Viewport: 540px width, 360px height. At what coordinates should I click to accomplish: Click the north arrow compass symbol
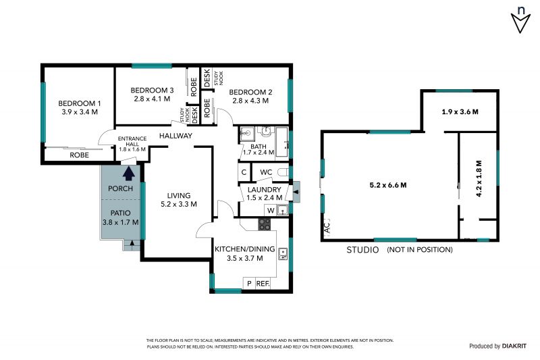click(520, 20)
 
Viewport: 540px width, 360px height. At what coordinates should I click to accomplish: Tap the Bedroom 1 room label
click(80, 103)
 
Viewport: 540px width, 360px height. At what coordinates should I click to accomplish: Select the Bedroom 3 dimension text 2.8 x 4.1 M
click(152, 99)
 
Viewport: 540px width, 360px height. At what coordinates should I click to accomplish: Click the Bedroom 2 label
click(250, 93)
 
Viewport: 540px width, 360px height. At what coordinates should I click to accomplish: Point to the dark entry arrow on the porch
click(129, 174)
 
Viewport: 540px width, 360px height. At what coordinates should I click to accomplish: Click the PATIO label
click(120, 213)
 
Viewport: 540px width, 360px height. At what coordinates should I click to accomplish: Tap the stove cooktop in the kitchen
click(265, 224)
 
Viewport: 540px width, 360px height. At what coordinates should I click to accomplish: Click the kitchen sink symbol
click(283, 254)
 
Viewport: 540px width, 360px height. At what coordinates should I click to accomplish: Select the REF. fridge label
click(263, 284)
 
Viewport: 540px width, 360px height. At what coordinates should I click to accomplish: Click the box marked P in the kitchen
click(249, 283)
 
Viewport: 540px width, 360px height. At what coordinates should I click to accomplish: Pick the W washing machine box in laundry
click(271, 210)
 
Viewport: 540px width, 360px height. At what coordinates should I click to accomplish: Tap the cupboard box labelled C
click(244, 172)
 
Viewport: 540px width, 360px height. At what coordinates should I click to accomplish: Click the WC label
click(266, 172)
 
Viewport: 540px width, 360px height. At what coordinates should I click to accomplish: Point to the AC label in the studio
click(327, 227)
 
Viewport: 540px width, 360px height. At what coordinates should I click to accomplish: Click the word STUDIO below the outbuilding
click(362, 250)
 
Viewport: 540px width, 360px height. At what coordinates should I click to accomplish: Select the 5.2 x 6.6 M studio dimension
click(387, 185)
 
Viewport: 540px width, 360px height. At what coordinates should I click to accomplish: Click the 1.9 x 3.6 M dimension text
click(460, 111)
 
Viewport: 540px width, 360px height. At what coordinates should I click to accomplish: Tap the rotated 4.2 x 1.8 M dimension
click(479, 178)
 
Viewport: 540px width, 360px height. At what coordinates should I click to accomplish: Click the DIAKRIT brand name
click(514, 346)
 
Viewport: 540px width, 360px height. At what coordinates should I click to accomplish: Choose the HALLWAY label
click(175, 136)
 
